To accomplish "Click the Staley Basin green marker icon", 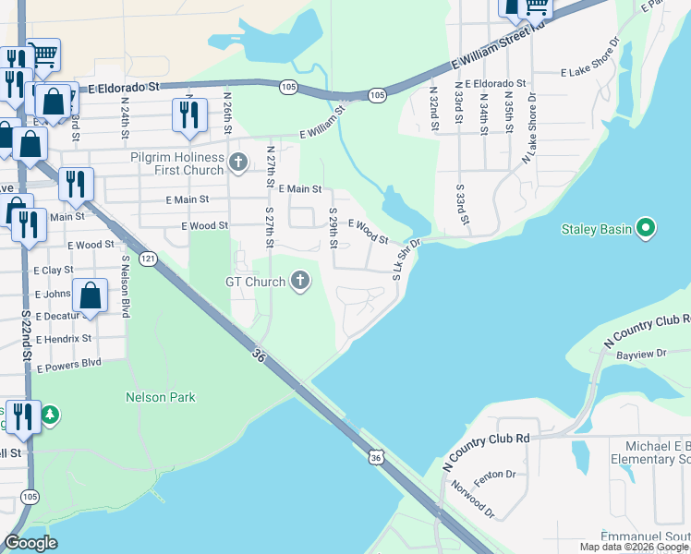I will coord(646,228).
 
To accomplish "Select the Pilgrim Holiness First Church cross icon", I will coord(238,163).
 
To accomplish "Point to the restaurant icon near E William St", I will coord(188,114).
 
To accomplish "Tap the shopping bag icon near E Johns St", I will coord(91,296).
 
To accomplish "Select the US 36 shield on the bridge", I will coord(374,457).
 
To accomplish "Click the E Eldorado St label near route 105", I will coord(125,86).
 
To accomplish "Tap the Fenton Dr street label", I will coord(497,475).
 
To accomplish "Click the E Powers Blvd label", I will coord(68,363).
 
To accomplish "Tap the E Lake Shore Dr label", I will coord(597,71).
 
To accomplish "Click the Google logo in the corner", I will coord(31,543).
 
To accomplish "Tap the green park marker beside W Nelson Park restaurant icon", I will coord(51,415).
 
